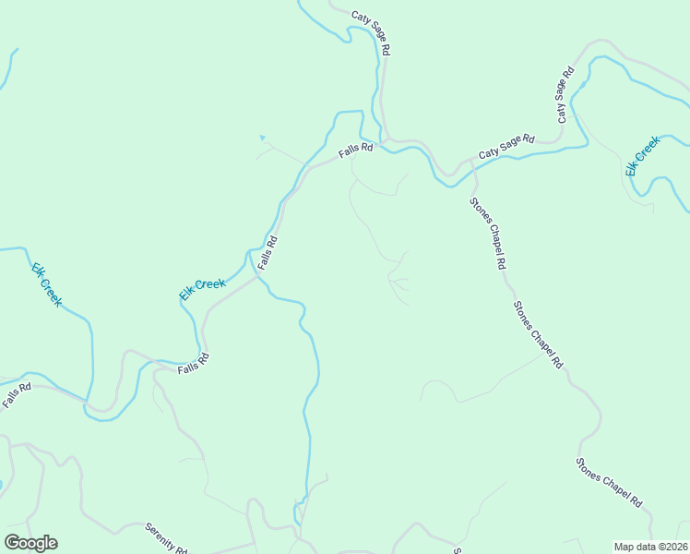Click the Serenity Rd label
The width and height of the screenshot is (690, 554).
167,538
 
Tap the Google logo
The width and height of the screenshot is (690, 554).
30,543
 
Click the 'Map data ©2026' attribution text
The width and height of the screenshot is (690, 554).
650,547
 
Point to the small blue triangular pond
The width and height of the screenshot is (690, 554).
262,138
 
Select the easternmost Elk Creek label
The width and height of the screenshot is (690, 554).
642,155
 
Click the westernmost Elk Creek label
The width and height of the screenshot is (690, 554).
47,284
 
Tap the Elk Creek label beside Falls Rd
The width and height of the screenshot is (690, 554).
202,289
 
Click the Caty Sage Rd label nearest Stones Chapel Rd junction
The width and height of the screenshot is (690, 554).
506,146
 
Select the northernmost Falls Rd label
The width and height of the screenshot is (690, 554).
355,149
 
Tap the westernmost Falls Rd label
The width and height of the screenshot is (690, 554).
16,396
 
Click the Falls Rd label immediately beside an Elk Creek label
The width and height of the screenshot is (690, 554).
268,251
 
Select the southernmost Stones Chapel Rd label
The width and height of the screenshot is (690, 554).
609,482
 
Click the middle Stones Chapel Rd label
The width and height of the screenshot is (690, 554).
538,334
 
